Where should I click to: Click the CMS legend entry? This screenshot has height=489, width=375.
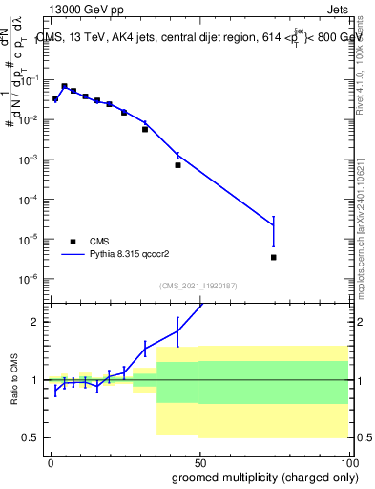(99, 242)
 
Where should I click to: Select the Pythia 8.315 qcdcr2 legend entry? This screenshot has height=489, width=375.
(134, 255)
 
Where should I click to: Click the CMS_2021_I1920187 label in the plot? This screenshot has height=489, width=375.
(197, 285)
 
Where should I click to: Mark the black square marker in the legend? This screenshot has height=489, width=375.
(73, 242)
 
